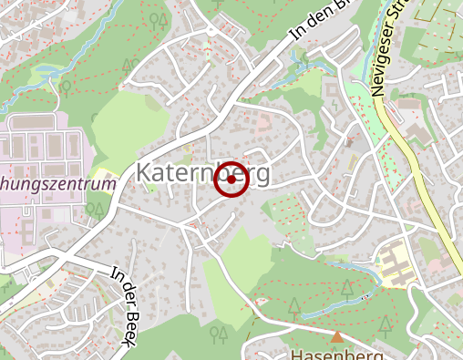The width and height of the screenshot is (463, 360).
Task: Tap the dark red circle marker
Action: click(x=231, y=180)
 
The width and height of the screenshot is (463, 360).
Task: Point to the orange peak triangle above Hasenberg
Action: click(x=337, y=337)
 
